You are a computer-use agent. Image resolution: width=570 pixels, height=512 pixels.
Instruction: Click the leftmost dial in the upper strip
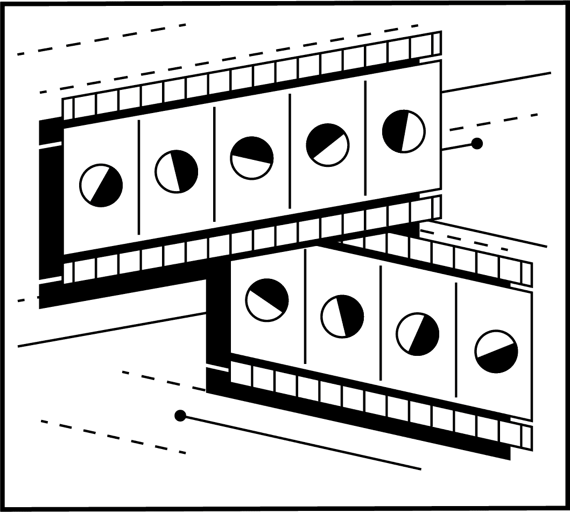pyautogui.click(x=101, y=185)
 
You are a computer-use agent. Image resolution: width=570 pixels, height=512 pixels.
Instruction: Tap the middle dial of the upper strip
pyautogui.click(x=252, y=158)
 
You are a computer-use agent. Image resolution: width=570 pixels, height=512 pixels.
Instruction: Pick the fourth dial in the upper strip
pyautogui.click(x=327, y=145)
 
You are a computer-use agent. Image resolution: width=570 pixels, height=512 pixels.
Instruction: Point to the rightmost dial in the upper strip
pyautogui.click(x=404, y=131)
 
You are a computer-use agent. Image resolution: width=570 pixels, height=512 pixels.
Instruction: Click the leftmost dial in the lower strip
pyautogui.click(x=267, y=300)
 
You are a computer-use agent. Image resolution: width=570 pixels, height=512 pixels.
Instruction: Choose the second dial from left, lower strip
pyautogui.click(x=342, y=317)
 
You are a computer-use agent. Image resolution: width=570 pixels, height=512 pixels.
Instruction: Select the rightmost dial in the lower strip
pyautogui.click(x=496, y=352)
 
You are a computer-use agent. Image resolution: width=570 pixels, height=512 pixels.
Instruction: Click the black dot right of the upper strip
pyautogui.click(x=476, y=143)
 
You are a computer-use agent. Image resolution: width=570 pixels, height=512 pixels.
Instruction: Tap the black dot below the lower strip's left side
pyautogui.click(x=180, y=416)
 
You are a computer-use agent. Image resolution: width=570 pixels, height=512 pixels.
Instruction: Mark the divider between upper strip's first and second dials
pyautogui.click(x=139, y=178)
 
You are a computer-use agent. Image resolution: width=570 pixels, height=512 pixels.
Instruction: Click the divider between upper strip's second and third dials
pyautogui.click(x=214, y=164)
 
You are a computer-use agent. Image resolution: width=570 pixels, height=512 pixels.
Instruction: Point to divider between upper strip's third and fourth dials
pyautogui.click(x=290, y=151)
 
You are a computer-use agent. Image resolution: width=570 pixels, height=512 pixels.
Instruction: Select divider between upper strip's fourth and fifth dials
pyautogui.click(x=365, y=137)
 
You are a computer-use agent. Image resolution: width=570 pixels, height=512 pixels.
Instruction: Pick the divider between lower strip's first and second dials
pyautogui.click(x=305, y=307)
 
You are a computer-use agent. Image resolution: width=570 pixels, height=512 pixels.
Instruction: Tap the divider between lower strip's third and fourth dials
pyautogui.click(x=456, y=341)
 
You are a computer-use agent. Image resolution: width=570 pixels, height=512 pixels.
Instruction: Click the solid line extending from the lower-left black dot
pyautogui.click(x=301, y=443)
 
